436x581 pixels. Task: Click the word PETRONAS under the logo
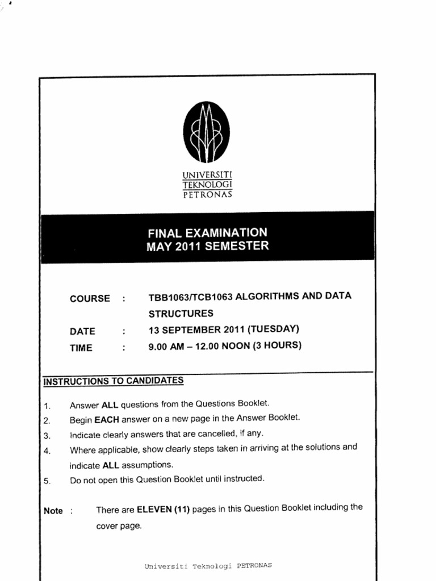point(207,195)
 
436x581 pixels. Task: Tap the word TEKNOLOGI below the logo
point(207,184)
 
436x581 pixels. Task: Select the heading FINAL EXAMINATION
point(207,233)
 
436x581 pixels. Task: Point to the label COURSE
point(90,298)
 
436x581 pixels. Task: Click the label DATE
point(82,332)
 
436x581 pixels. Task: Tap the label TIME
point(81,348)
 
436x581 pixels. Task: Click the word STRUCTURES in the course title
point(181,313)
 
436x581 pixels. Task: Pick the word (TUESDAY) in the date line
point(273,329)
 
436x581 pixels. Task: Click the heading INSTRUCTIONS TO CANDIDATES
point(114,381)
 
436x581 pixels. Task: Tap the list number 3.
point(47,436)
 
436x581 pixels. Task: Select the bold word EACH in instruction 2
point(106,420)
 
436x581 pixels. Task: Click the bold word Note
point(53,511)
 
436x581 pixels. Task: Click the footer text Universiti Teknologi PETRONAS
point(208,566)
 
